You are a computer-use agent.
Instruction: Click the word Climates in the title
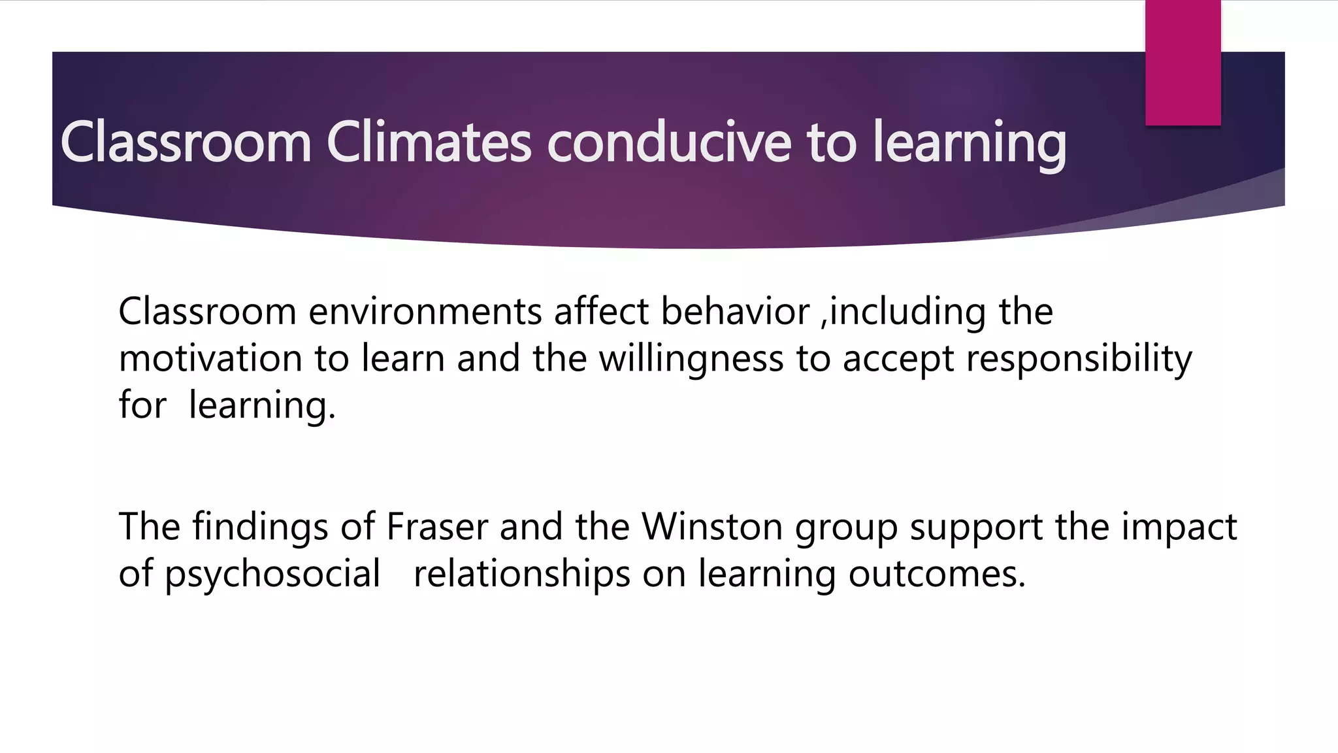pos(429,142)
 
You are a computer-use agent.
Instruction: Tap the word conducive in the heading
pos(669,142)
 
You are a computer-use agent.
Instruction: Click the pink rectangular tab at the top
pos(1183,62)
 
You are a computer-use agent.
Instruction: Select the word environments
pos(425,311)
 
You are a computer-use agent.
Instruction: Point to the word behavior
pos(735,311)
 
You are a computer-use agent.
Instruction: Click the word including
pos(908,311)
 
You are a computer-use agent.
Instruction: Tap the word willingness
pos(691,358)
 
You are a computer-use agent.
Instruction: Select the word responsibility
pos(1079,358)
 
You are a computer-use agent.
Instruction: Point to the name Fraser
pos(437,526)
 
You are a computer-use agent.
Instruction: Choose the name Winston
pos(712,526)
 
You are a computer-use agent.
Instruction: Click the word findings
pos(260,526)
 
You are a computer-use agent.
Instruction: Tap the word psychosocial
pos(272,574)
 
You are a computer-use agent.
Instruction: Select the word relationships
pos(522,574)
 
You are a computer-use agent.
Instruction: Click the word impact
pos(1179,526)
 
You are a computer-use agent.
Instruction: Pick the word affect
pos(602,311)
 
